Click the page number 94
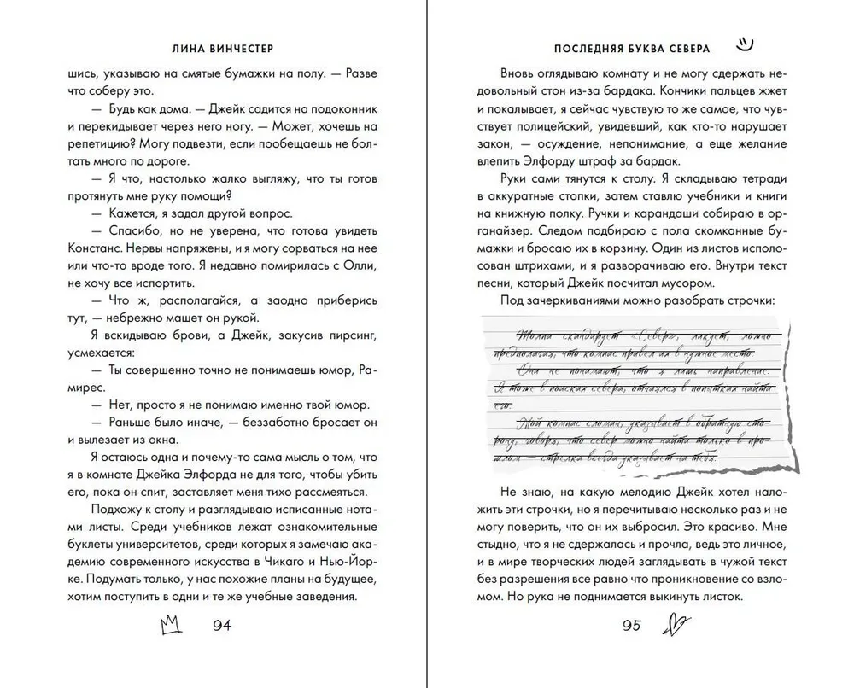coord(221,625)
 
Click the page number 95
coord(632,625)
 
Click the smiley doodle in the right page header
coord(745,41)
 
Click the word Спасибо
coord(135,230)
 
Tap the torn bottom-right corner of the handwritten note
coord(790,466)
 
